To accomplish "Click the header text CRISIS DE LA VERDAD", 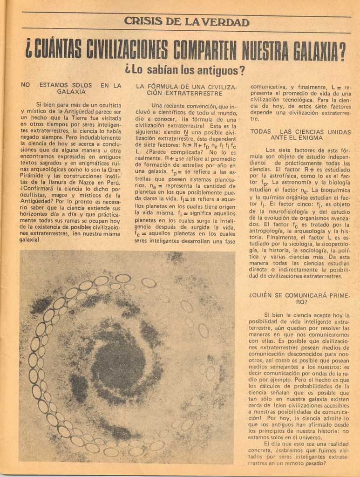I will [187, 21].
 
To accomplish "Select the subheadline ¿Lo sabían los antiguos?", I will [185, 70].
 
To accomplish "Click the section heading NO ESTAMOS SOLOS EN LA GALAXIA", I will [71, 89].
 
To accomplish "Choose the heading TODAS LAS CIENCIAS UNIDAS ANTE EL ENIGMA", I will [300, 135].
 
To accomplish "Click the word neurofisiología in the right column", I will [288, 211].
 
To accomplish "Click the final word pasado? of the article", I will [313, 463].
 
